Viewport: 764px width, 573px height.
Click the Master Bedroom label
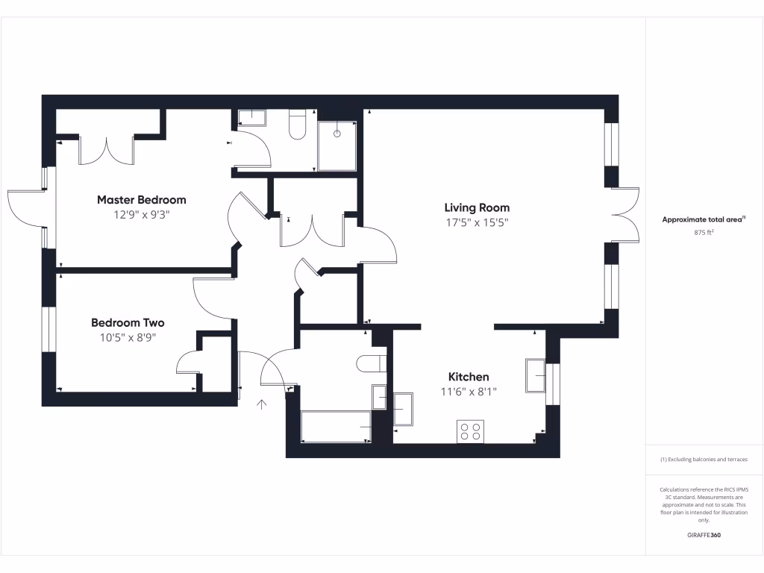tap(142, 200)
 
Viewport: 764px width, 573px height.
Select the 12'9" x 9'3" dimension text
tap(142, 215)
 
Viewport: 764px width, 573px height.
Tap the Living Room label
tap(477, 207)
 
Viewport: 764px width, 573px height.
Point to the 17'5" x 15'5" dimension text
tap(477, 222)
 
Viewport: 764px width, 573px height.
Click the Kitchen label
tap(469, 377)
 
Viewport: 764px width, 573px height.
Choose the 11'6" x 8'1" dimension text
tap(469, 391)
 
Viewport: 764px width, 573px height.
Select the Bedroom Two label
tap(128, 323)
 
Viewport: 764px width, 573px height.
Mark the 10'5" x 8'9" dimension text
tap(128, 337)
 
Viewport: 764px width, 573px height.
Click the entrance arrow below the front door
tap(262, 405)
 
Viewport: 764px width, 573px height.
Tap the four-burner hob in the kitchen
tap(471, 431)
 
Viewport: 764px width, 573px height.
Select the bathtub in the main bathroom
tap(336, 425)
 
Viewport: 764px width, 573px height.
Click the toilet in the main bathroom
tap(371, 363)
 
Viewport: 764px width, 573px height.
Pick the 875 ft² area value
tap(704, 233)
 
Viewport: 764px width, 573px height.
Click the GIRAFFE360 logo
tap(704, 535)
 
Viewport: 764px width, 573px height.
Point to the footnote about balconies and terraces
tap(704, 460)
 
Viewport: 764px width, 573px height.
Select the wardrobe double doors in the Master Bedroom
tap(106, 151)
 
